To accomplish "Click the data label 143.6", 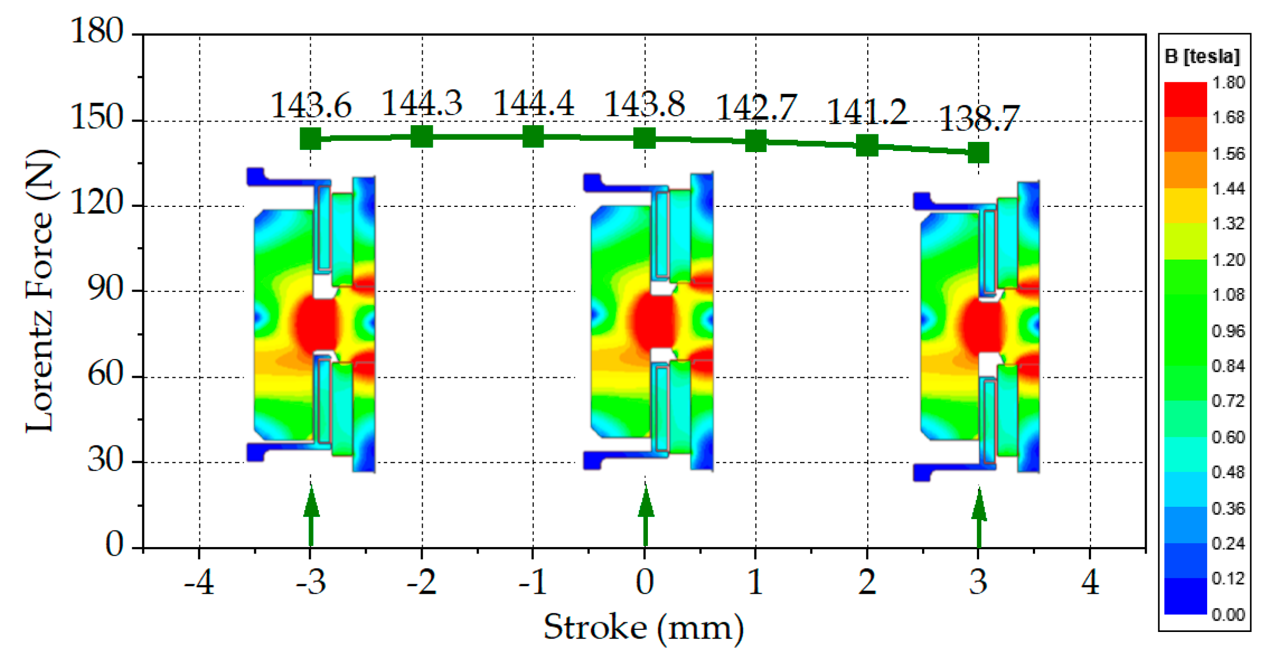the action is pos(311,105).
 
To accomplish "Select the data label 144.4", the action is pos(533,103).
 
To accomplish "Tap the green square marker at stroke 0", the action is pos(645,138).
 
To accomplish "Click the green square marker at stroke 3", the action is pos(978,153).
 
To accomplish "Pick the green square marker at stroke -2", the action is pos(422,136).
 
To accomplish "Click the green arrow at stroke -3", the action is pos(311,516).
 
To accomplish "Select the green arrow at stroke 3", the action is pos(979,517).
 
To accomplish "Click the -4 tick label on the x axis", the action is pos(199,581).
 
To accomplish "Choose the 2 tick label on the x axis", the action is pos(867,581).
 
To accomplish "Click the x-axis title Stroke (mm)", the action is pos(644,627).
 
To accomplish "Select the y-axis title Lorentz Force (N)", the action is pos(40,291).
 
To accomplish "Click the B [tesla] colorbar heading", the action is pos(1202,56).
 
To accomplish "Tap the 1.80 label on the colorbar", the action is pos(1229,82).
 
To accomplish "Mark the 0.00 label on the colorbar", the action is pos(1229,614).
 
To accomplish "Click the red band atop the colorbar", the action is pos(1186,99).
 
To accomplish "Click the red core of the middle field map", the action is pos(653,320).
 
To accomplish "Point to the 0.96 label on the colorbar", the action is pos(1229,331).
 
